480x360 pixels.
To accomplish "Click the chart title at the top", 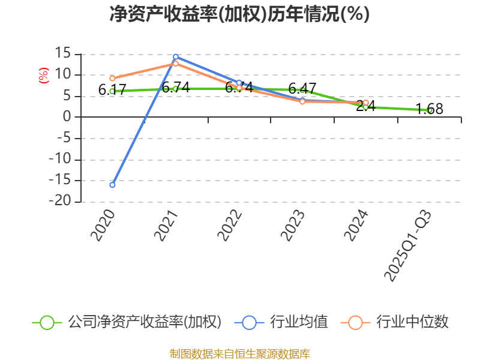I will (239, 14).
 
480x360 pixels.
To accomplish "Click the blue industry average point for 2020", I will (112, 185).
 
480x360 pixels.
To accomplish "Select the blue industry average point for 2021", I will (176, 57).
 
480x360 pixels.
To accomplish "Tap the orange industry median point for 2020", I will (112, 79).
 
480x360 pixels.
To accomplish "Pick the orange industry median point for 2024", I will (365, 103).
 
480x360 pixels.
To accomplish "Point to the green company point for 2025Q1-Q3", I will (430, 110).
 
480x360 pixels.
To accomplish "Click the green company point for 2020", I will (112, 91).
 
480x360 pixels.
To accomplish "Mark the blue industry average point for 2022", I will (239, 83).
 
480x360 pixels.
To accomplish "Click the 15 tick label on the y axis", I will (62, 54).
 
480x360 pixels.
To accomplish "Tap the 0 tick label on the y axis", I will (67, 118).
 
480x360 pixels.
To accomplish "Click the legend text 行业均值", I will (299, 322).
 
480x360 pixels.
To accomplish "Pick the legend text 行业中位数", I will (412, 322).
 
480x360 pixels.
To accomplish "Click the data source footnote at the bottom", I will (239, 353).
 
